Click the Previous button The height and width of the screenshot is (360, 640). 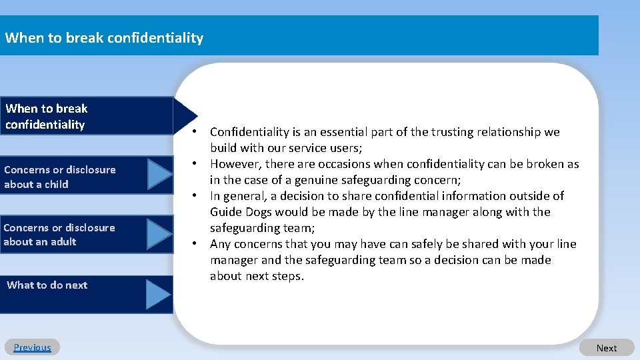tap(32, 347)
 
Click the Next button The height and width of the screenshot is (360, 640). tap(606, 348)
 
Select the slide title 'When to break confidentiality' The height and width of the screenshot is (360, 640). tap(104, 37)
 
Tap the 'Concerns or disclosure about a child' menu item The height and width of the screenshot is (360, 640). tap(60, 177)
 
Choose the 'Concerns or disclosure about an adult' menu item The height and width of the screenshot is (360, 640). tap(59, 235)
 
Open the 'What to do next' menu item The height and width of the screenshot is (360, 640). tap(47, 285)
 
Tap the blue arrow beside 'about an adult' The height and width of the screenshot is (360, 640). tap(160, 234)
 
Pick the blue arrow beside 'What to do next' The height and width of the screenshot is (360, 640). tap(159, 294)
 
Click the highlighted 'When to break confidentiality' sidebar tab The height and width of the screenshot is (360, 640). tap(47, 117)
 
